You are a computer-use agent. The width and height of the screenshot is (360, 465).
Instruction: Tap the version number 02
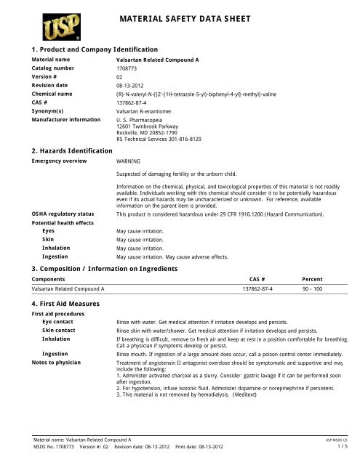(120, 77)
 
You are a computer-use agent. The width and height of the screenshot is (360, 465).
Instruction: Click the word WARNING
(129, 160)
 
